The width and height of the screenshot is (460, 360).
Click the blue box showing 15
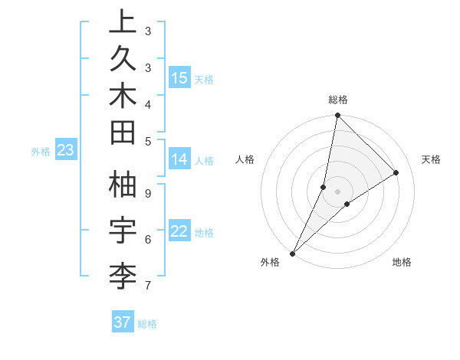point(179,78)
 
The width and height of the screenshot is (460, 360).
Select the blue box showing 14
point(179,159)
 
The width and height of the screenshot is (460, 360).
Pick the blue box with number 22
point(179,231)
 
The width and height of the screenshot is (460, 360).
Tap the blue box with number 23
point(65,150)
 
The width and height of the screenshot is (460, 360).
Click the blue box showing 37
point(123,322)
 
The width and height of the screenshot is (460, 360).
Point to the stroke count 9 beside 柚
point(148,194)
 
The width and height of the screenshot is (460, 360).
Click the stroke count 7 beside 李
point(148,286)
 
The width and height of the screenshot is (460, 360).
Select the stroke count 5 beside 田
point(148,141)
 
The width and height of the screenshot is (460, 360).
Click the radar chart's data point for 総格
point(337,116)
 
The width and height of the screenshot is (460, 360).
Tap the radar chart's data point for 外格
point(293,253)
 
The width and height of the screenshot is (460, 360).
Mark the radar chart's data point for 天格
point(396,173)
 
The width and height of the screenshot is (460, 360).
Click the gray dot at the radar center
point(337,191)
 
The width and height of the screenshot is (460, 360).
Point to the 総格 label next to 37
point(147,324)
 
